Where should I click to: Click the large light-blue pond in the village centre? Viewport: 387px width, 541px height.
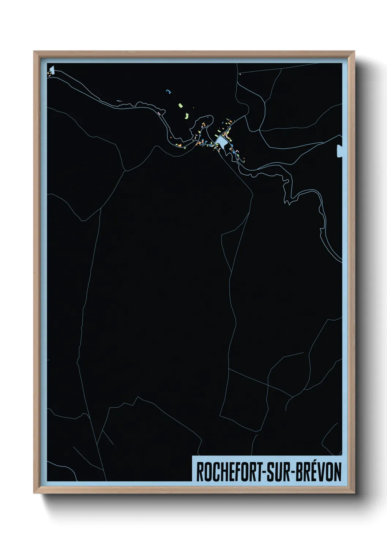[x=221, y=141]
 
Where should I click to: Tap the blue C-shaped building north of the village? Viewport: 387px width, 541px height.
[x=169, y=91]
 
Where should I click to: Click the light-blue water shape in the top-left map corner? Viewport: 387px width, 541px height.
[x=52, y=70]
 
